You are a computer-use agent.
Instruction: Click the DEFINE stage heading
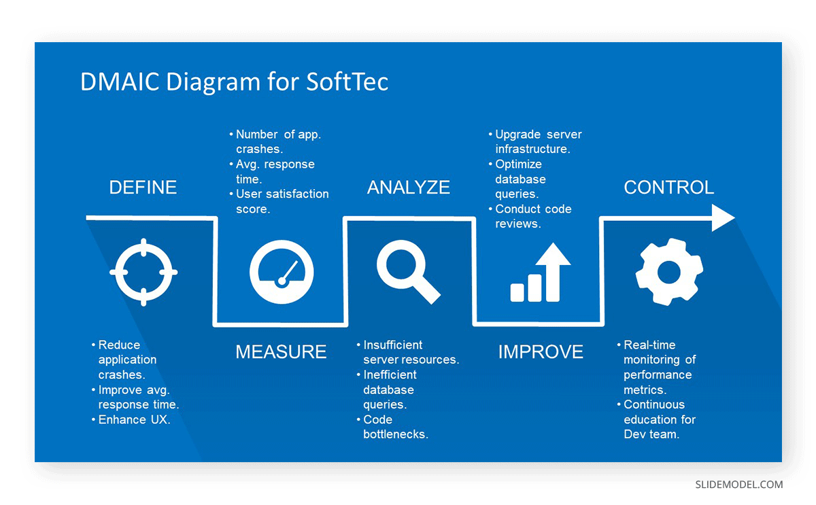(143, 188)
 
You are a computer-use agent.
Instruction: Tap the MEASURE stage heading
(281, 351)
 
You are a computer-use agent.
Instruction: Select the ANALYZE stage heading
(409, 188)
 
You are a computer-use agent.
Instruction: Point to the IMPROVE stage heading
(541, 351)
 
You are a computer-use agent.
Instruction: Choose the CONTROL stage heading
(669, 188)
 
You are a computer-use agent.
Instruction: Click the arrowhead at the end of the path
(723, 217)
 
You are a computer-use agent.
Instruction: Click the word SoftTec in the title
(347, 81)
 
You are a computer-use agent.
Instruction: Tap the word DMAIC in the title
(120, 81)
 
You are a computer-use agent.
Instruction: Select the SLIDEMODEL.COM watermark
(738, 485)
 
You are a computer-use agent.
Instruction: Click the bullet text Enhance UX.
(135, 420)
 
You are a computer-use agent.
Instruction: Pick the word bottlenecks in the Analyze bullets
(396, 434)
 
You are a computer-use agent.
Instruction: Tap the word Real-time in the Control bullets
(649, 345)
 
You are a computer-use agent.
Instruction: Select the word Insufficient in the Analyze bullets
(393, 345)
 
